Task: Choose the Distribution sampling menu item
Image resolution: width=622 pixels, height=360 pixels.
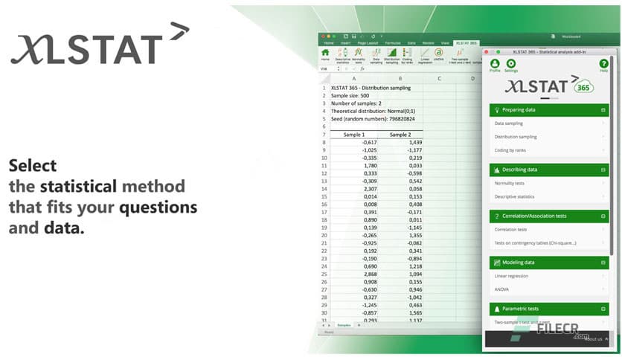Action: [516, 137]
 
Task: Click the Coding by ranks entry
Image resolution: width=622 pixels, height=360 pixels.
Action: [511, 150]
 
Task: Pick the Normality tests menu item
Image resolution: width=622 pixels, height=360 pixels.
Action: [510, 183]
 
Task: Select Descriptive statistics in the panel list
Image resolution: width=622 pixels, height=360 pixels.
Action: [516, 196]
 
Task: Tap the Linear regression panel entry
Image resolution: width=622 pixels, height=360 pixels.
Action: [512, 276]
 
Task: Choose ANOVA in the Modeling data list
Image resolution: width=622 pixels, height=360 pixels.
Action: [502, 289]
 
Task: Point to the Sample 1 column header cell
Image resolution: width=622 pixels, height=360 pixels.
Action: [353, 135]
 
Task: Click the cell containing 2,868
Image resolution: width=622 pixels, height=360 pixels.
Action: [355, 274]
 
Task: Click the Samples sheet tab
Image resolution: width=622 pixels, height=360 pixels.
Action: [344, 325]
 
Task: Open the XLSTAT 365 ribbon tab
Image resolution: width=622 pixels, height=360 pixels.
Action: [467, 43]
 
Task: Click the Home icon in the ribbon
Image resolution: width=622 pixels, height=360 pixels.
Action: [325, 54]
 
